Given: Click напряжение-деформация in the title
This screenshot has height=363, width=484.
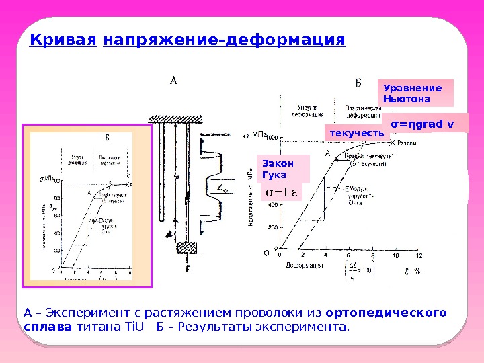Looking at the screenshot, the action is (x=224, y=40).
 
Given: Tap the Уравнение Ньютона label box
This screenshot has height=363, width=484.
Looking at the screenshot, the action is (x=417, y=93).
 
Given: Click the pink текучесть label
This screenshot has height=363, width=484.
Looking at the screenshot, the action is (x=356, y=133).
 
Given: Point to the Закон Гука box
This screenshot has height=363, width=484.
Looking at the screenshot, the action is (x=283, y=169).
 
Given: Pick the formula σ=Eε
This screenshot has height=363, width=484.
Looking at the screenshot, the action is (x=282, y=194).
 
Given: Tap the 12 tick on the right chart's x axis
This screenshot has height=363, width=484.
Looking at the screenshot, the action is (x=419, y=255).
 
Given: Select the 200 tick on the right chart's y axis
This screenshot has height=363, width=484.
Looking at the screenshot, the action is (x=273, y=227).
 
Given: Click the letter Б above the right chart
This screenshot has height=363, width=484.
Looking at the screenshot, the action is (x=358, y=83).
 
